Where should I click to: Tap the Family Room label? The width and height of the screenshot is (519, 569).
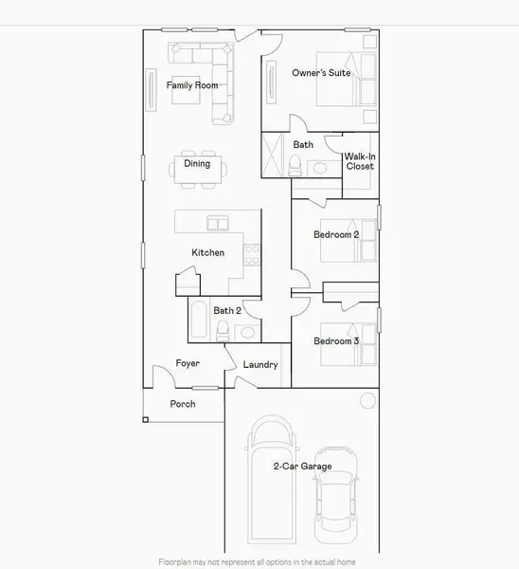coord(192,85)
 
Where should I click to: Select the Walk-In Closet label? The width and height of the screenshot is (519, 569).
coord(359,160)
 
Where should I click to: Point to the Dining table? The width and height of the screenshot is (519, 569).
coord(198,171)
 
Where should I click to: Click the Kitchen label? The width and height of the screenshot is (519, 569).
coord(208,252)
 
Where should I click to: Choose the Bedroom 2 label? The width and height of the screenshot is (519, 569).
coord(336,233)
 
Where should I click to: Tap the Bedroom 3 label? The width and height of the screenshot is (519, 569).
coord(336,340)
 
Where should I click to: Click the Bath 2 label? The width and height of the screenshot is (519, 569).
coord(227,310)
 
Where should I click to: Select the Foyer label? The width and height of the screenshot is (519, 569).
coord(188,363)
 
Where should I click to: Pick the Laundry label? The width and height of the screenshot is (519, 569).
coord(260,364)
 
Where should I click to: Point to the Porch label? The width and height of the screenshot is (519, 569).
coord(183,404)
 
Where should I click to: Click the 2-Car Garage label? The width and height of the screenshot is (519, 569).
coord(302,466)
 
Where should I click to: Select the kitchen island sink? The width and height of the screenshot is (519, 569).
coord(218,224)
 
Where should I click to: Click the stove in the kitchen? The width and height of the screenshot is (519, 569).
coord(251,253)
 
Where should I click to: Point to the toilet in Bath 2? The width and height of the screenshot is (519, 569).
coord(223,330)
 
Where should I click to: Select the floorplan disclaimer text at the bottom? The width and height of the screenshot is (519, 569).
coord(259,561)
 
